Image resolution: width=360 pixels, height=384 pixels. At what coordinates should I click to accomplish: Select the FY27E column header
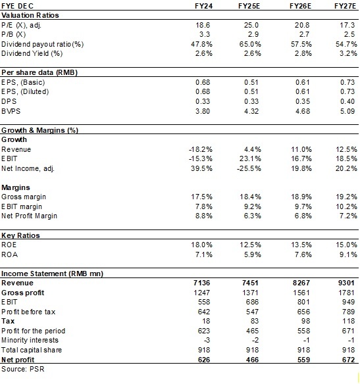(344, 5)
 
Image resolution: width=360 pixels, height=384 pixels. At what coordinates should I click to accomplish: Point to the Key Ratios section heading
(20, 235)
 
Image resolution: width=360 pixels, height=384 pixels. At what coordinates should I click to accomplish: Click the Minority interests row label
(30, 339)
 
